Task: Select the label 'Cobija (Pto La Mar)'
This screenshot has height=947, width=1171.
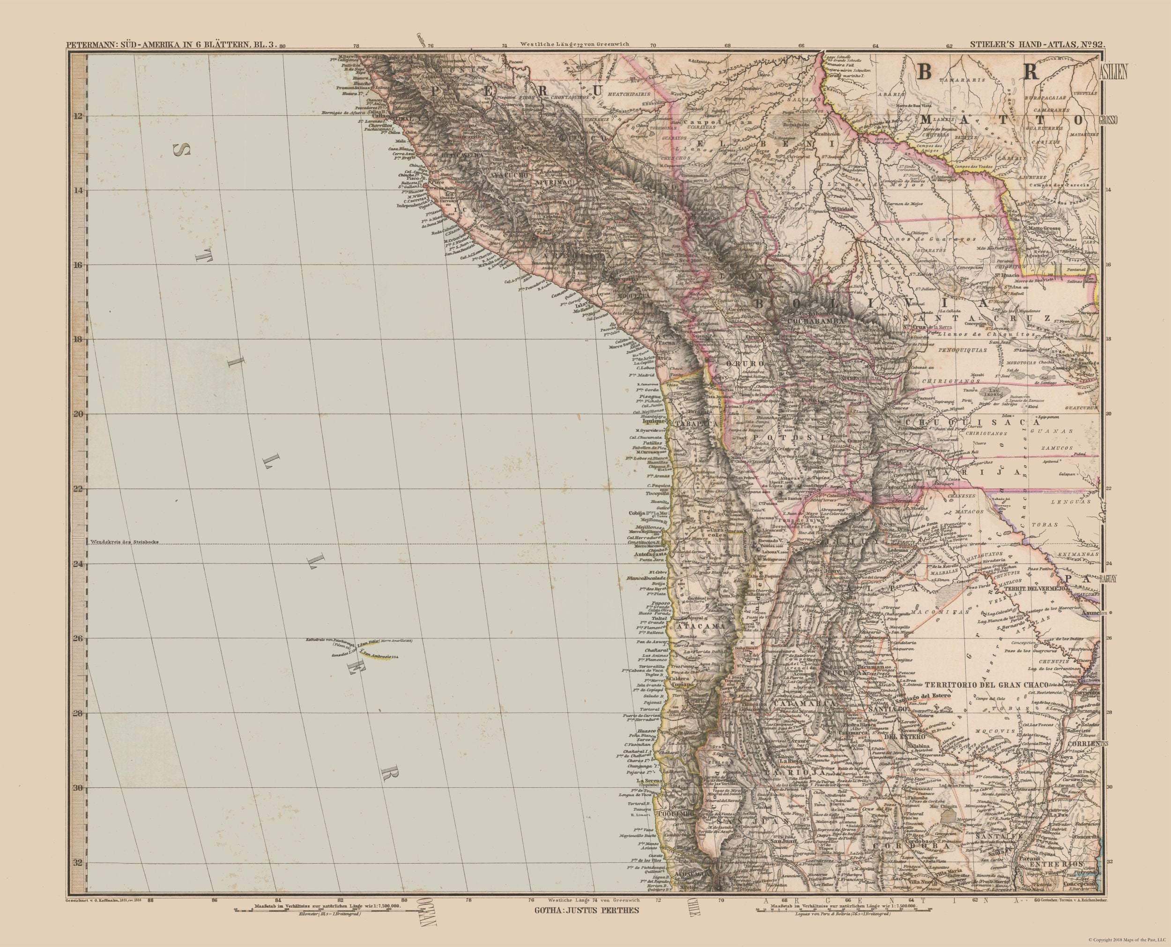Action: (x=648, y=513)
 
